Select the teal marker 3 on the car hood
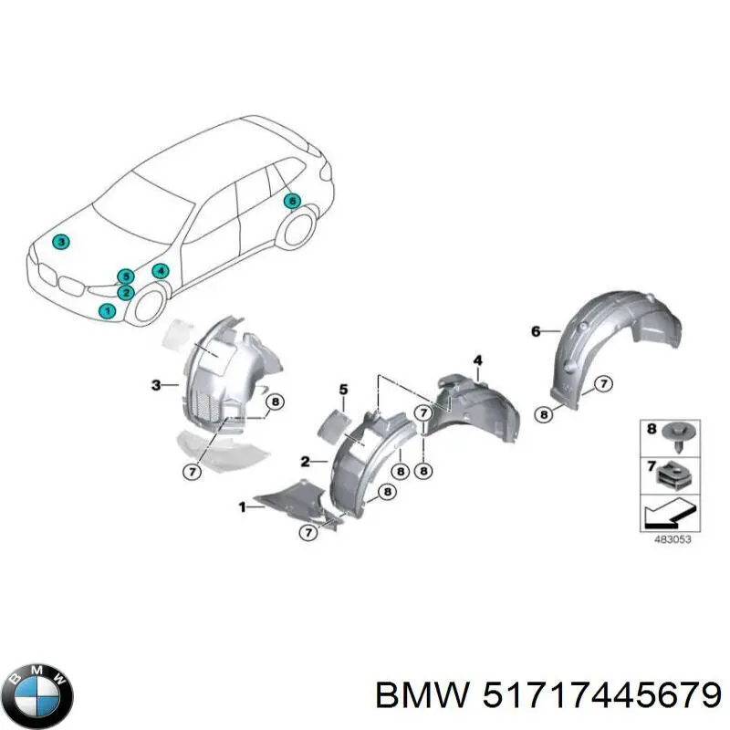point(60,242)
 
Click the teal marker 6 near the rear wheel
point(292,202)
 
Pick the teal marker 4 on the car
point(160,271)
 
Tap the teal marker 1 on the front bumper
point(108,311)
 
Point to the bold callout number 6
point(536,330)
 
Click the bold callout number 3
point(156,385)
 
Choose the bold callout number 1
point(242,506)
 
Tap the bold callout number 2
point(307,461)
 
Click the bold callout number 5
point(344,391)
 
